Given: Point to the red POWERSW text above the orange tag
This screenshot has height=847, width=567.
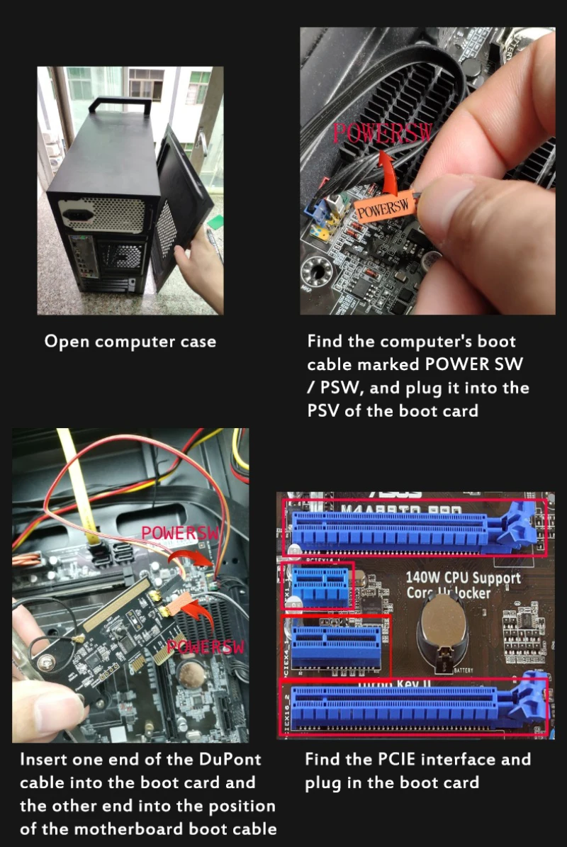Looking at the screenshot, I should click(x=382, y=133).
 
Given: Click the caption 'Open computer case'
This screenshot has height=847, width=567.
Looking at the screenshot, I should click(x=130, y=342).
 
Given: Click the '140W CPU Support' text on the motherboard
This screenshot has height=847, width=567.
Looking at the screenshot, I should click(x=463, y=577).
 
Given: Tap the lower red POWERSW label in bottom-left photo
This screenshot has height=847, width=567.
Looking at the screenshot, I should click(x=206, y=646).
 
